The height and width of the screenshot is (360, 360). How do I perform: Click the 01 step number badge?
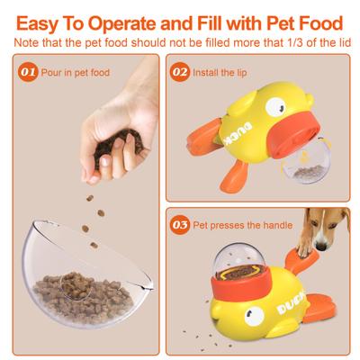tap(28, 71)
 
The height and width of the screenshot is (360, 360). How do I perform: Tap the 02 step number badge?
tap(180, 71)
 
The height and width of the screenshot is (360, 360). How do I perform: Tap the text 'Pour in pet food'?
tap(76, 71)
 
